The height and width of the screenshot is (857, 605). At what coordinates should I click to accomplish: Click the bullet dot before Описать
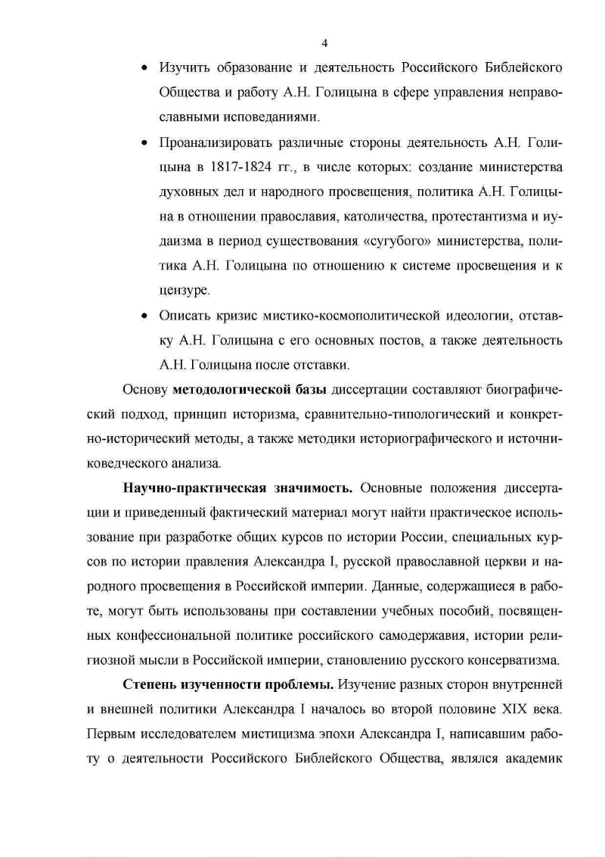[x=145, y=315]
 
